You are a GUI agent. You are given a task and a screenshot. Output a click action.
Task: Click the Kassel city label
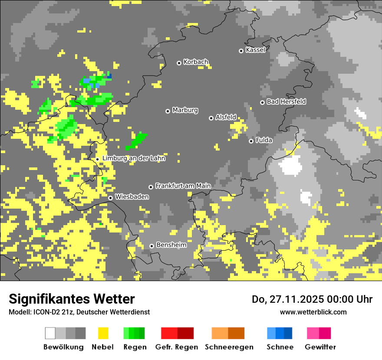click(255, 50)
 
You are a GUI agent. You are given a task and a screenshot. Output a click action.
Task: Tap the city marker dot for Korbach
click(179, 63)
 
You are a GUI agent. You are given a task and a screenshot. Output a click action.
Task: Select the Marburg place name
click(185, 110)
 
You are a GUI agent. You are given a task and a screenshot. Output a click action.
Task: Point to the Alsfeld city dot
click(211, 118)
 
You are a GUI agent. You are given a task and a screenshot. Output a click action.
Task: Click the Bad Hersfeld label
click(286, 101)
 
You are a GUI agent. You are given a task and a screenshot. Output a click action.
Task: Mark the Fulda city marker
click(251, 141)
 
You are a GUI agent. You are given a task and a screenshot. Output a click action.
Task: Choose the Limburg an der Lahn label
click(134, 158)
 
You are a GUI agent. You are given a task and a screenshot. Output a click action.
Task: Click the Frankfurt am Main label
click(183, 186)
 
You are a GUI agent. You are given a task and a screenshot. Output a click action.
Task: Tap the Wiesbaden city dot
click(111, 198)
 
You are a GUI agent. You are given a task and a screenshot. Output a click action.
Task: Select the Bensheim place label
click(171, 245)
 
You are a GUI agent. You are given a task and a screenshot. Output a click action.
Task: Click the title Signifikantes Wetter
click(72, 299)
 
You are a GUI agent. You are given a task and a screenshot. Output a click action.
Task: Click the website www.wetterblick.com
click(313, 312)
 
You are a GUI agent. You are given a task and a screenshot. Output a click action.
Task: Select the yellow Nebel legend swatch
click(103, 333)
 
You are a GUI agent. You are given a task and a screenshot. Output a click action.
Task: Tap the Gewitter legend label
click(320, 347)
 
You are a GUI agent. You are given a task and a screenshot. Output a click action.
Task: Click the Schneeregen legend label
click(229, 347)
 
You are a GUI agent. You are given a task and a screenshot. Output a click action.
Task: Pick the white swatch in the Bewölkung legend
click(50, 333)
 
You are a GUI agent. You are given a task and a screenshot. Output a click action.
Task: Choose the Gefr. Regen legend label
click(177, 347)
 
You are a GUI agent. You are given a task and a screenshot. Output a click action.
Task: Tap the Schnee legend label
click(280, 347)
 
